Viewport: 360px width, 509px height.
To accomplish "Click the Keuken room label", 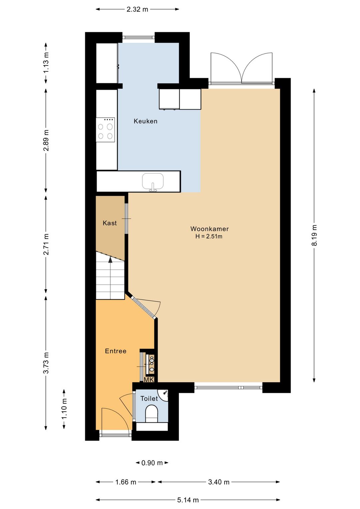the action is pos(145,121).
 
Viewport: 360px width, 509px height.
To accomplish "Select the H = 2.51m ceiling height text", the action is pos(209,236).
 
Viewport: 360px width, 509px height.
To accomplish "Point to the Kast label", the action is pos(110,223).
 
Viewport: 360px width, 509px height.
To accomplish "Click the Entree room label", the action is pos(116,351).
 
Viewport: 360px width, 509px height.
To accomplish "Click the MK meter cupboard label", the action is pos(149,380).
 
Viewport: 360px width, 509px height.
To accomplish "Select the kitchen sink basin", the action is pos(153,181).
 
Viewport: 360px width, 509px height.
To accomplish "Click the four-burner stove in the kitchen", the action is pos(105,130).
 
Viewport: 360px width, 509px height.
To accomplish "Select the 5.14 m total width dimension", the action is pos(188,500).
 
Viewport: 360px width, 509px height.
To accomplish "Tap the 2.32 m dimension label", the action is pos(137,9).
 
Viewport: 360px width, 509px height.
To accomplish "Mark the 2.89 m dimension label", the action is pos(46,140).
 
